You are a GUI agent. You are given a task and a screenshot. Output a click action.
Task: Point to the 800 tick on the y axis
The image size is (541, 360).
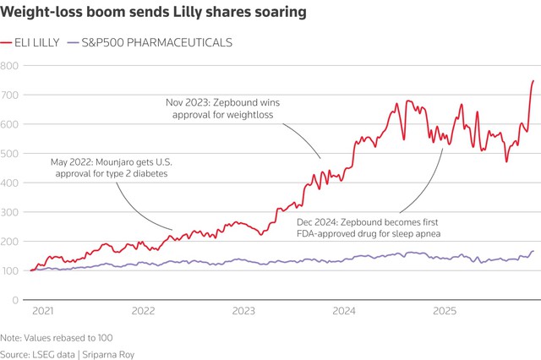coord(9,65)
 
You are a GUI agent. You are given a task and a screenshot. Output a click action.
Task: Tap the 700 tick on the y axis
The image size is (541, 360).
coord(9,95)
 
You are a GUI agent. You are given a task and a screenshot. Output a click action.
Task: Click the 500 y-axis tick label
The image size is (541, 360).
coord(9,154)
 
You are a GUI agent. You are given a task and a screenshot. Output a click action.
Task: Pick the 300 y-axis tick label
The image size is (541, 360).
coord(9,212)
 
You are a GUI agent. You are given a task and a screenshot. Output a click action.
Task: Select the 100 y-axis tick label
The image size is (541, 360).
coord(9,270)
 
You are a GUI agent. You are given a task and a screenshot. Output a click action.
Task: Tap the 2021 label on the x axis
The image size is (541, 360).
coord(42,311)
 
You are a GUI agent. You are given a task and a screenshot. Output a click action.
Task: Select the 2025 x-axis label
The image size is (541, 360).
coord(445,311)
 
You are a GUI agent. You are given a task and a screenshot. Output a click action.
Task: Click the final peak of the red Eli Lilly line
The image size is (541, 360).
coord(533,81)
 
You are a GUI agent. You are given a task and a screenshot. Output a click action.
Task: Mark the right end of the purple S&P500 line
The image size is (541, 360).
coord(533,251)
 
